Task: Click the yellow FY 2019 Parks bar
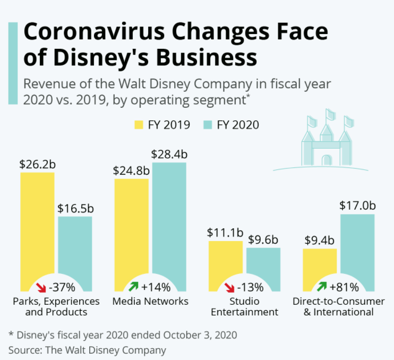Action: (x=37, y=223)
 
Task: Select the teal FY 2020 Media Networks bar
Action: (x=169, y=218)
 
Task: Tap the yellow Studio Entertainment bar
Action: (x=226, y=260)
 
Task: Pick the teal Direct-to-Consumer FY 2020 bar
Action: (x=357, y=244)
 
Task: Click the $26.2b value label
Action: (x=37, y=164)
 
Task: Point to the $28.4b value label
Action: (x=169, y=155)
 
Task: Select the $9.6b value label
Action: (x=263, y=239)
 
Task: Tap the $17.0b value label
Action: (x=357, y=206)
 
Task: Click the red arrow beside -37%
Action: (x=41, y=288)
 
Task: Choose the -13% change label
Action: (x=250, y=288)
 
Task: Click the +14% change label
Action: (x=156, y=288)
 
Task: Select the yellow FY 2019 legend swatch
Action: (x=138, y=125)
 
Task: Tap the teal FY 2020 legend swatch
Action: (x=208, y=125)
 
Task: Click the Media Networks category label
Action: (x=150, y=301)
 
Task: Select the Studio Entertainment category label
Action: (x=244, y=306)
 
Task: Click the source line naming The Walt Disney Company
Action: (x=87, y=350)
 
